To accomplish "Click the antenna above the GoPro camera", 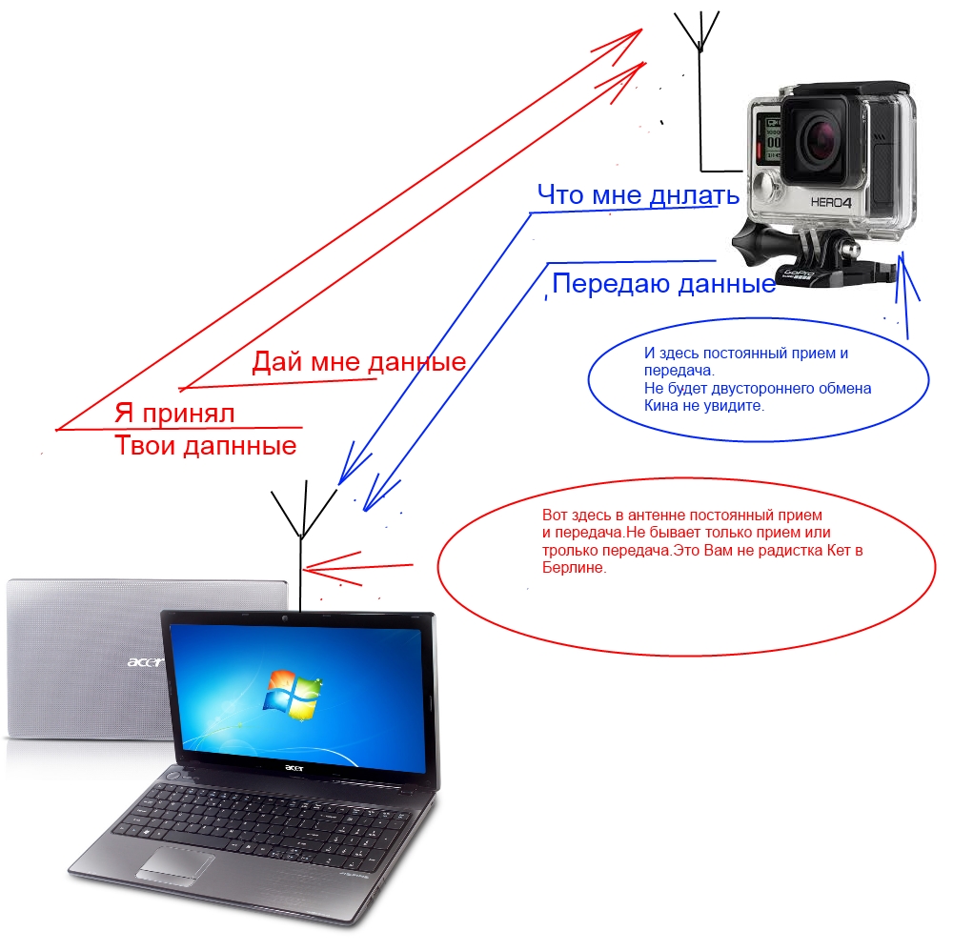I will pyautogui.click(x=700, y=57).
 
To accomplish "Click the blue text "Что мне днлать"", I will pyautogui.click(x=638, y=195).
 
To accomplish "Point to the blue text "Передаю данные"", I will pyautogui.click(x=663, y=284).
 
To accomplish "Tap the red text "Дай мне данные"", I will pyautogui.click(x=358, y=362).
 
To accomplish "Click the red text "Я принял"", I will pyautogui.click(x=174, y=414).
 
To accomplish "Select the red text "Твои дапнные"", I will pyautogui.click(x=205, y=445).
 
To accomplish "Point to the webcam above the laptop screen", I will pyautogui.click(x=285, y=621).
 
